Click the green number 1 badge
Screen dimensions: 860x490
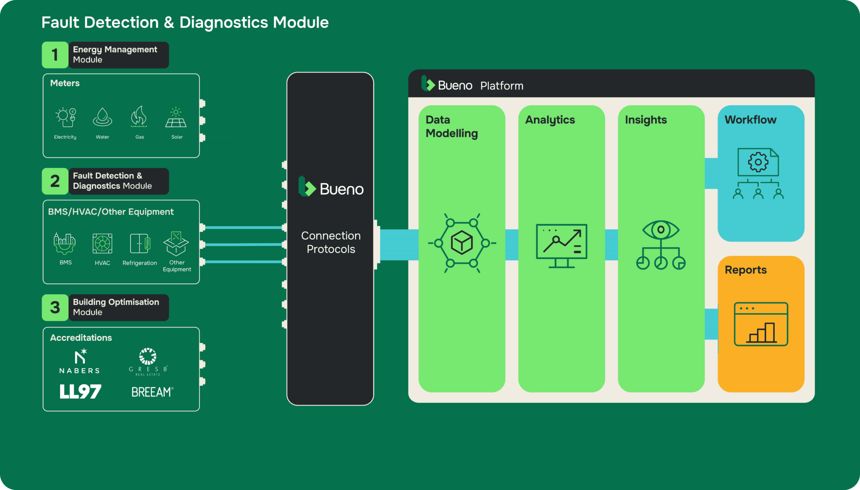tap(55, 55)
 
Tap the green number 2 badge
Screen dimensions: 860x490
tap(55, 181)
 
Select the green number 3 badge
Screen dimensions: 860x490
tap(55, 308)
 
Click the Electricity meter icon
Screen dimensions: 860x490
tap(66, 117)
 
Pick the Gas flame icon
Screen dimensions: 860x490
tap(139, 116)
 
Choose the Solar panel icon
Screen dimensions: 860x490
tap(176, 117)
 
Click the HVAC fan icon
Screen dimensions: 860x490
tap(102, 244)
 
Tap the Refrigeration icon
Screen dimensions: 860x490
tap(140, 244)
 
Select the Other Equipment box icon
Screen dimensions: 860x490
tap(176, 244)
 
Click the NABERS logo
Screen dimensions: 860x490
tap(80, 362)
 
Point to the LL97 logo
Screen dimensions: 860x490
tap(80, 392)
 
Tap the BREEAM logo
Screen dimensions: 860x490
tap(152, 392)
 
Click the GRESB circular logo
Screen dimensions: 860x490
tap(148, 356)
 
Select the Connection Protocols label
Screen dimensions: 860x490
tap(331, 242)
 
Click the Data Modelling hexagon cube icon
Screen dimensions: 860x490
tap(462, 243)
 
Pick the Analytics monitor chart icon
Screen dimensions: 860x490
tap(562, 246)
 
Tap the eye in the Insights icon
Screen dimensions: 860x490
tap(661, 230)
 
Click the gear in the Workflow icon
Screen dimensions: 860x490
tap(758, 162)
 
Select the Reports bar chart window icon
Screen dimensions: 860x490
tap(761, 324)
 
